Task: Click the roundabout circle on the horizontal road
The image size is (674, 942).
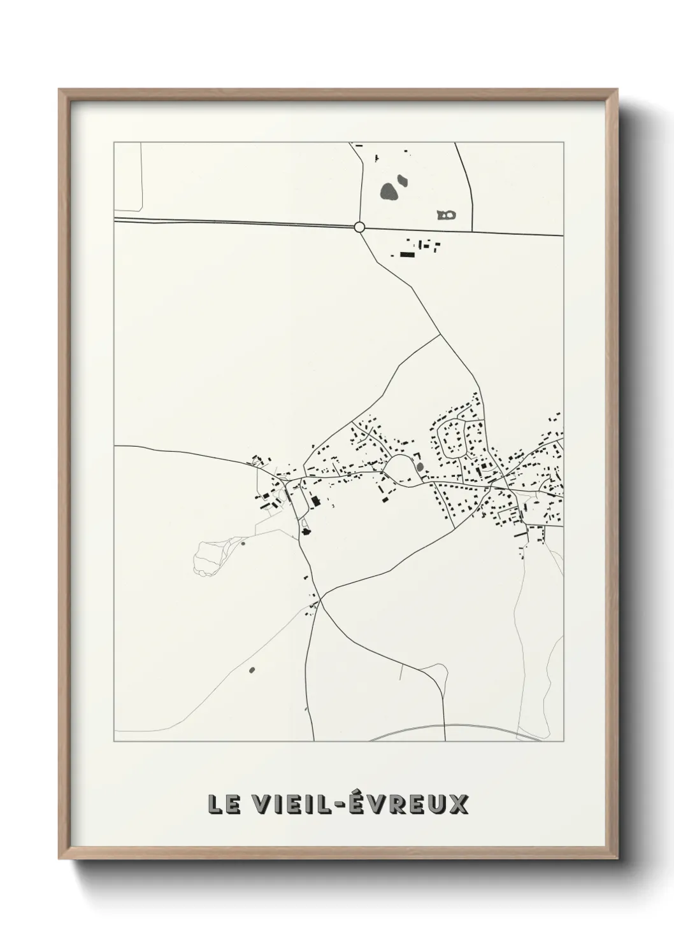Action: click(x=359, y=227)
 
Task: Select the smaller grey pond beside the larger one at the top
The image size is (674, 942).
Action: click(x=402, y=181)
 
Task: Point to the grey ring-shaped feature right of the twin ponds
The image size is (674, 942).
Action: click(x=447, y=215)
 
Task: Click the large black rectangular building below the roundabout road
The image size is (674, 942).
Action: click(x=407, y=255)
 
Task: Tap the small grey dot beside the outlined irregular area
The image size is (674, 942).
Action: click(x=243, y=544)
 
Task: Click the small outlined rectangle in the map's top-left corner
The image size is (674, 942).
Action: click(x=127, y=177)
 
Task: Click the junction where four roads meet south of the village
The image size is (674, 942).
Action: click(x=320, y=598)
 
